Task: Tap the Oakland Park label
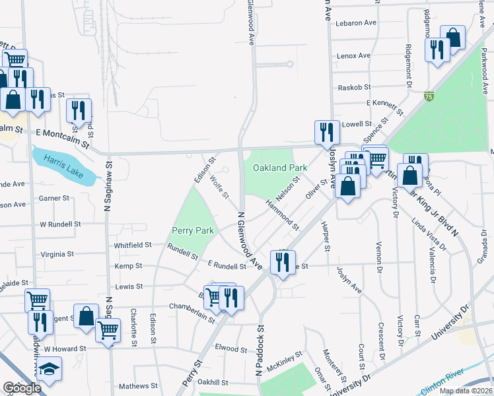[280, 168]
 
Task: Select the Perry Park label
[193, 230]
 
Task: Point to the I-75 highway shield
[429, 96]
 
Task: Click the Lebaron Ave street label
[355, 22]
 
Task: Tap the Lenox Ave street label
[353, 56]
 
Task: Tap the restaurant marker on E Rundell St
[283, 263]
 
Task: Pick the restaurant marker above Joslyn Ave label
[327, 132]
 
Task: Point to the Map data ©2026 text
[466, 391]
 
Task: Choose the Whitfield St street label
[133, 245]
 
